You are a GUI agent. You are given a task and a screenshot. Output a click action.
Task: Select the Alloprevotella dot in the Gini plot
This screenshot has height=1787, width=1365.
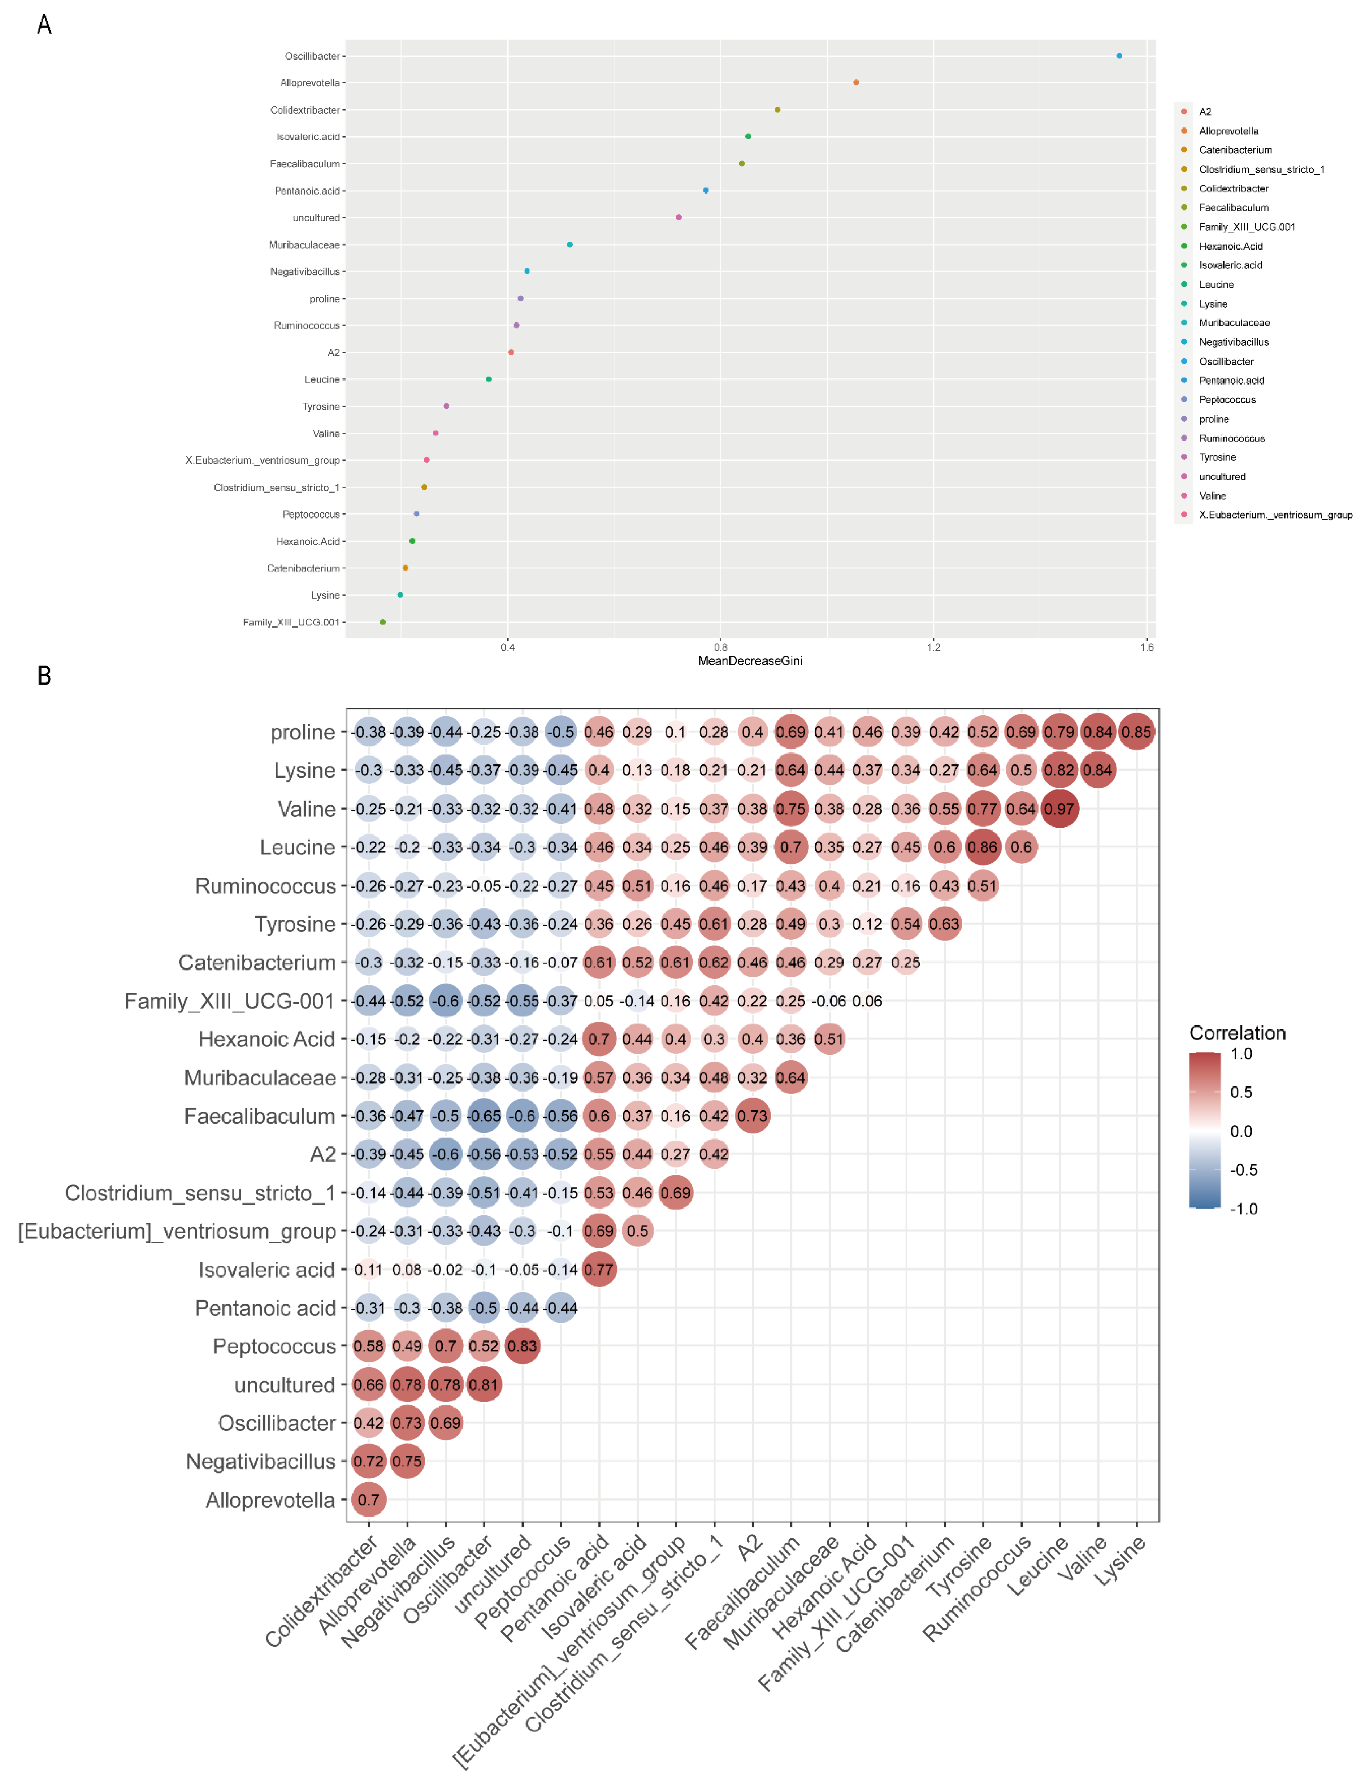857,83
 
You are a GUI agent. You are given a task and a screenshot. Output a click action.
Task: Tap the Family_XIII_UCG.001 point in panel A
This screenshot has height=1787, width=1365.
383,621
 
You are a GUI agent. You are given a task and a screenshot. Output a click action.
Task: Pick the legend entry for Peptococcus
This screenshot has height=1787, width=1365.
1227,400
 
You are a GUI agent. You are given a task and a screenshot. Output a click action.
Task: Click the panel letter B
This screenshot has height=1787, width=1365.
45,676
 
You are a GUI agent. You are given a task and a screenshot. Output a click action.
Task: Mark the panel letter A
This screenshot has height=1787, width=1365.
45,25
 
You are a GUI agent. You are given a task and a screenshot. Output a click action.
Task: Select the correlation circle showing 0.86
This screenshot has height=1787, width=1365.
982,847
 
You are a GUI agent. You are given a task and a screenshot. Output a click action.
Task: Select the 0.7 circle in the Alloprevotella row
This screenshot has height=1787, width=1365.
369,1500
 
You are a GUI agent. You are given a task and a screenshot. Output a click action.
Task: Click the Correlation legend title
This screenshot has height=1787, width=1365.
1238,1033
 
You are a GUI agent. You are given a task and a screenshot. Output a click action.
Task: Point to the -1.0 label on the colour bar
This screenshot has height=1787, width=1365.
1243,1209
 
